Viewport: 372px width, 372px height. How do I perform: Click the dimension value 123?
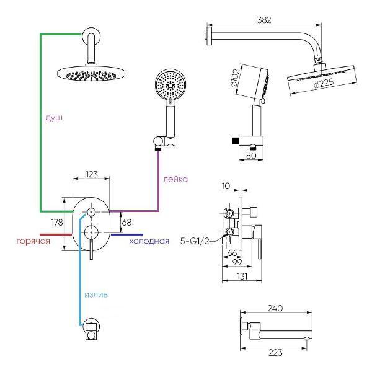(92, 175)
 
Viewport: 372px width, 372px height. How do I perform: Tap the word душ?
(54, 117)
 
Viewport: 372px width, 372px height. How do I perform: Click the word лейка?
(175, 179)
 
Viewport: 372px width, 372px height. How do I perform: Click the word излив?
(95, 294)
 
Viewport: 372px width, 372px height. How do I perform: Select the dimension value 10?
(225, 185)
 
